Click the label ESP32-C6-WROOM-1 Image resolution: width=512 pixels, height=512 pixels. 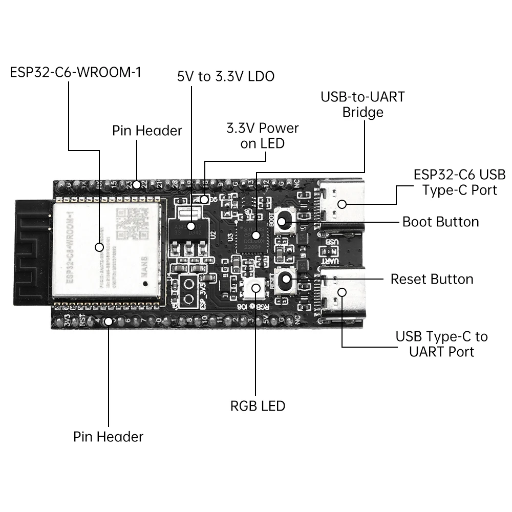click(76, 72)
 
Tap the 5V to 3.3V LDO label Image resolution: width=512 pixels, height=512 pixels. click(226, 77)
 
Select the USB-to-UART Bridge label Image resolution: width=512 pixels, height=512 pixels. click(362, 104)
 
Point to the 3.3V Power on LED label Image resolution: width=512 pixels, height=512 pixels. click(262, 136)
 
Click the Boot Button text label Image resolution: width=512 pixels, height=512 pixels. click(440, 222)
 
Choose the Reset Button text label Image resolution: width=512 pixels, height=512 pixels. click(432, 279)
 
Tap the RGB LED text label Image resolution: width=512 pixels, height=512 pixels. click(258, 406)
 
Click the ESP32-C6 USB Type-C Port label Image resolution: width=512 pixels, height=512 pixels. click(459, 182)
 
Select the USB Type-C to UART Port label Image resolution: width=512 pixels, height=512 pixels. click(441, 344)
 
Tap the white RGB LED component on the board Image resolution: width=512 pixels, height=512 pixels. click(255, 289)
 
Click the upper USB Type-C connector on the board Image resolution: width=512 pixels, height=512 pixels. click(342, 203)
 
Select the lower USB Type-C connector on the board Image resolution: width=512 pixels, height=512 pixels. click(342, 293)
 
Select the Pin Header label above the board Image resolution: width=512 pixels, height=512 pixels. click(147, 131)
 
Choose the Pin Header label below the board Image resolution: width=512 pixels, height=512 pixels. click(108, 437)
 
